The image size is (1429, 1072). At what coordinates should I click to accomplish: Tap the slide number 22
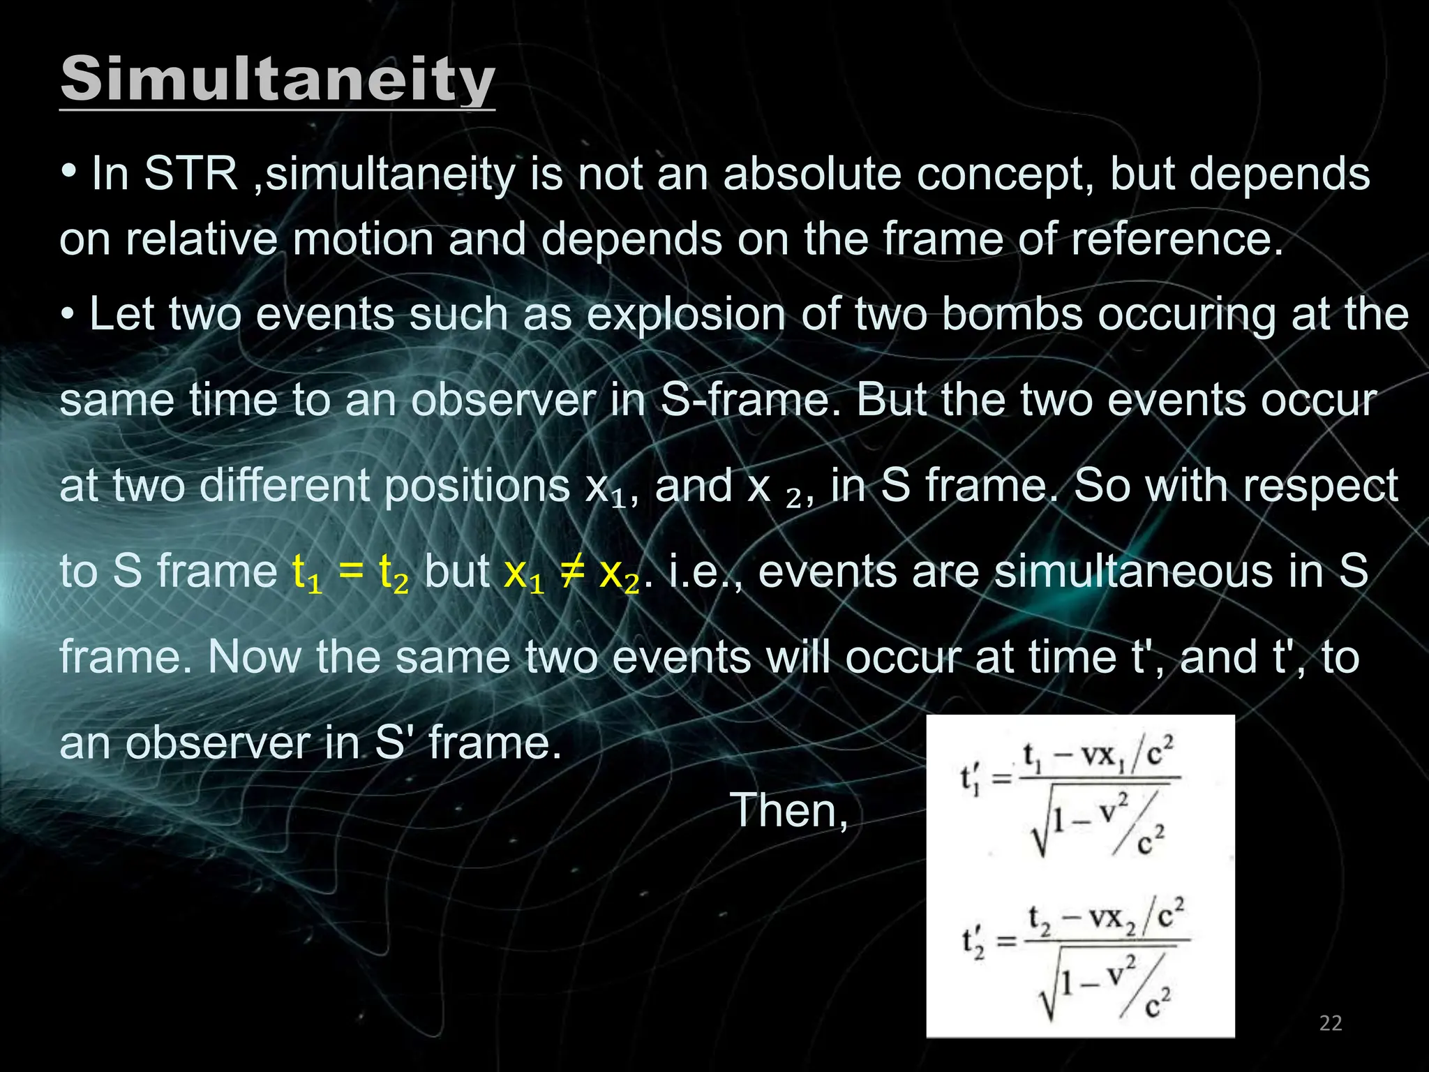pos(1331,1023)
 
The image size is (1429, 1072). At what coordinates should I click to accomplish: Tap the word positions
pos(477,486)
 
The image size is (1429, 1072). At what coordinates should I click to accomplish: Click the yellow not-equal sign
pos(571,572)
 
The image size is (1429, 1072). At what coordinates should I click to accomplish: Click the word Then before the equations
pos(788,811)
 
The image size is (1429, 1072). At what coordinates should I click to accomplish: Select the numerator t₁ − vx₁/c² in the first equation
pos(1098,756)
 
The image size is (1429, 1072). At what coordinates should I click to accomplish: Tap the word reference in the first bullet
pos(1176,239)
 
